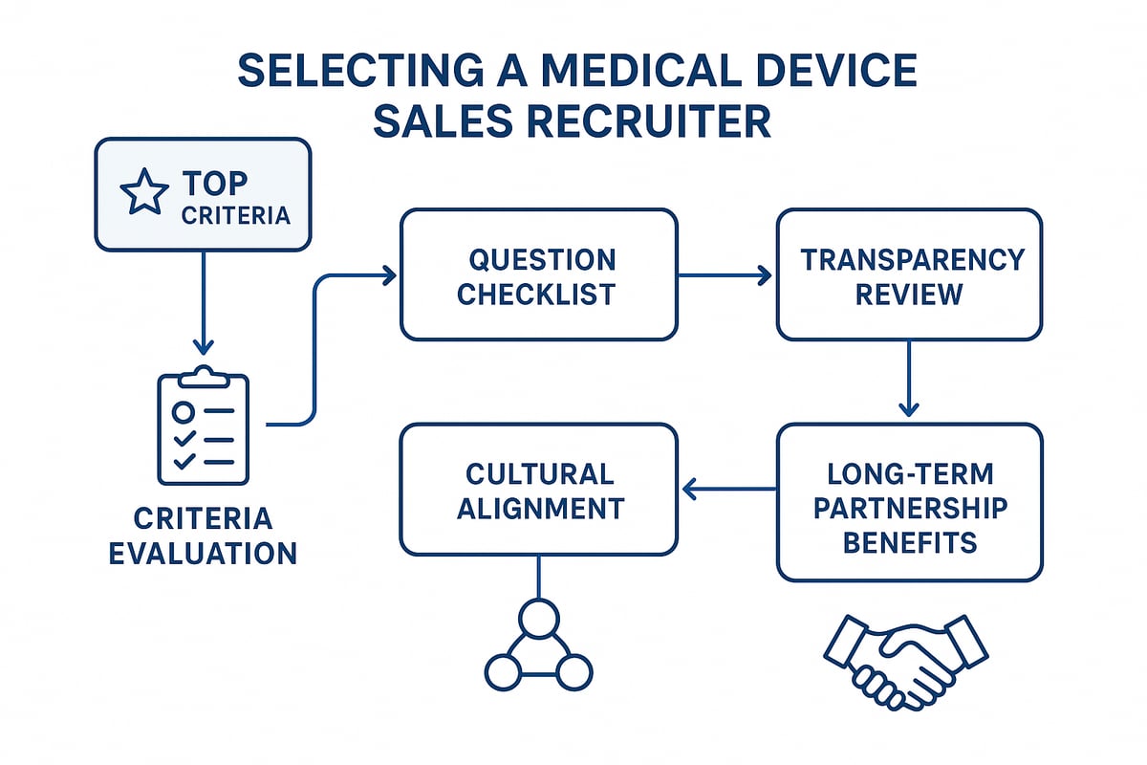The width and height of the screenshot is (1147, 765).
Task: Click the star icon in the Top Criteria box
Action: [143, 195]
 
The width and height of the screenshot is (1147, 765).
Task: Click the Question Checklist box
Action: [538, 275]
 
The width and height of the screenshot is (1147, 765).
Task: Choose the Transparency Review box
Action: [909, 275]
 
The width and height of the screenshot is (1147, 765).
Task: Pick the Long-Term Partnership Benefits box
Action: [909, 503]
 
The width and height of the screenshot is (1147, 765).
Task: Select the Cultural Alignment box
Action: [538, 491]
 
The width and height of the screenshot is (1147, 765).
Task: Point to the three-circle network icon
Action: [538, 646]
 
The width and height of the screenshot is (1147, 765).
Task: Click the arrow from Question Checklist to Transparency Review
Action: [726, 275]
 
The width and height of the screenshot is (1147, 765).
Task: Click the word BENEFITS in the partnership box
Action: [909, 542]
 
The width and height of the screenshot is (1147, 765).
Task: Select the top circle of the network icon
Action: [538, 617]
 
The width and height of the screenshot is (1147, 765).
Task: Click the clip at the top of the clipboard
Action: [203, 375]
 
